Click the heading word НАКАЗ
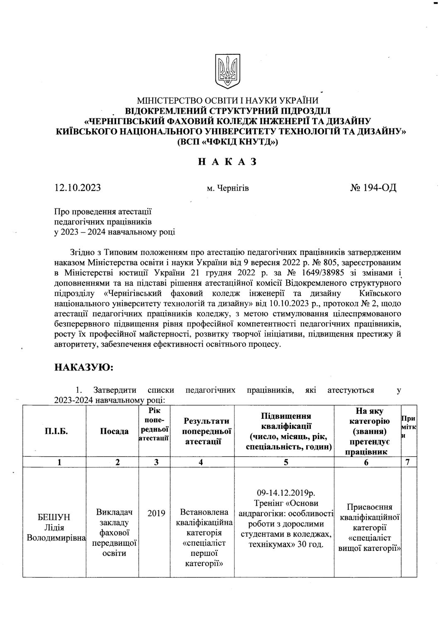pyautogui.click(x=227, y=162)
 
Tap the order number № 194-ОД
pyautogui.click(x=373, y=188)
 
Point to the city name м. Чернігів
pyautogui.click(x=228, y=189)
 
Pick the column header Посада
pyautogui.click(x=114, y=431)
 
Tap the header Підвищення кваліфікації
pyautogui.click(x=286, y=431)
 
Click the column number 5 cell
pyautogui.click(x=286, y=463)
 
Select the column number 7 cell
pyautogui.click(x=408, y=463)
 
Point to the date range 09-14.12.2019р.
pyautogui.click(x=286, y=493)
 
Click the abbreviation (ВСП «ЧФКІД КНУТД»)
pyautogui.click(x=227, y=141)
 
